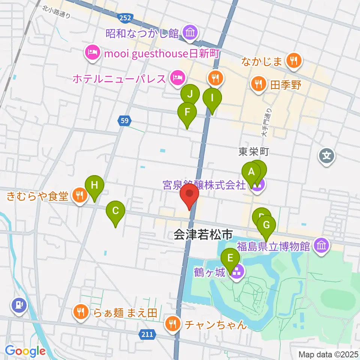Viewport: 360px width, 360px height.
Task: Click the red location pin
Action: pos(189,196)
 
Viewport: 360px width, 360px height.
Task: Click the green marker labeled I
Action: pos(212,99)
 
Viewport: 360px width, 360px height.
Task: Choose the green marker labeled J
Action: pos(190,94)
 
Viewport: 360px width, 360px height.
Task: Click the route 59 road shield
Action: pos(125,121)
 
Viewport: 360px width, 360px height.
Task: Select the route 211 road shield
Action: pos(148,334)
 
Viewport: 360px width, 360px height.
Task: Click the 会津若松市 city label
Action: pos(203,235)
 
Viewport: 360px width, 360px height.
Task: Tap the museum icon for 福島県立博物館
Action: pos(321,246)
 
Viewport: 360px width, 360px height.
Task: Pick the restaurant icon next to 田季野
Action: pos(258,83)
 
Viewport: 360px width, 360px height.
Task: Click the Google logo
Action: pos(25,351)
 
